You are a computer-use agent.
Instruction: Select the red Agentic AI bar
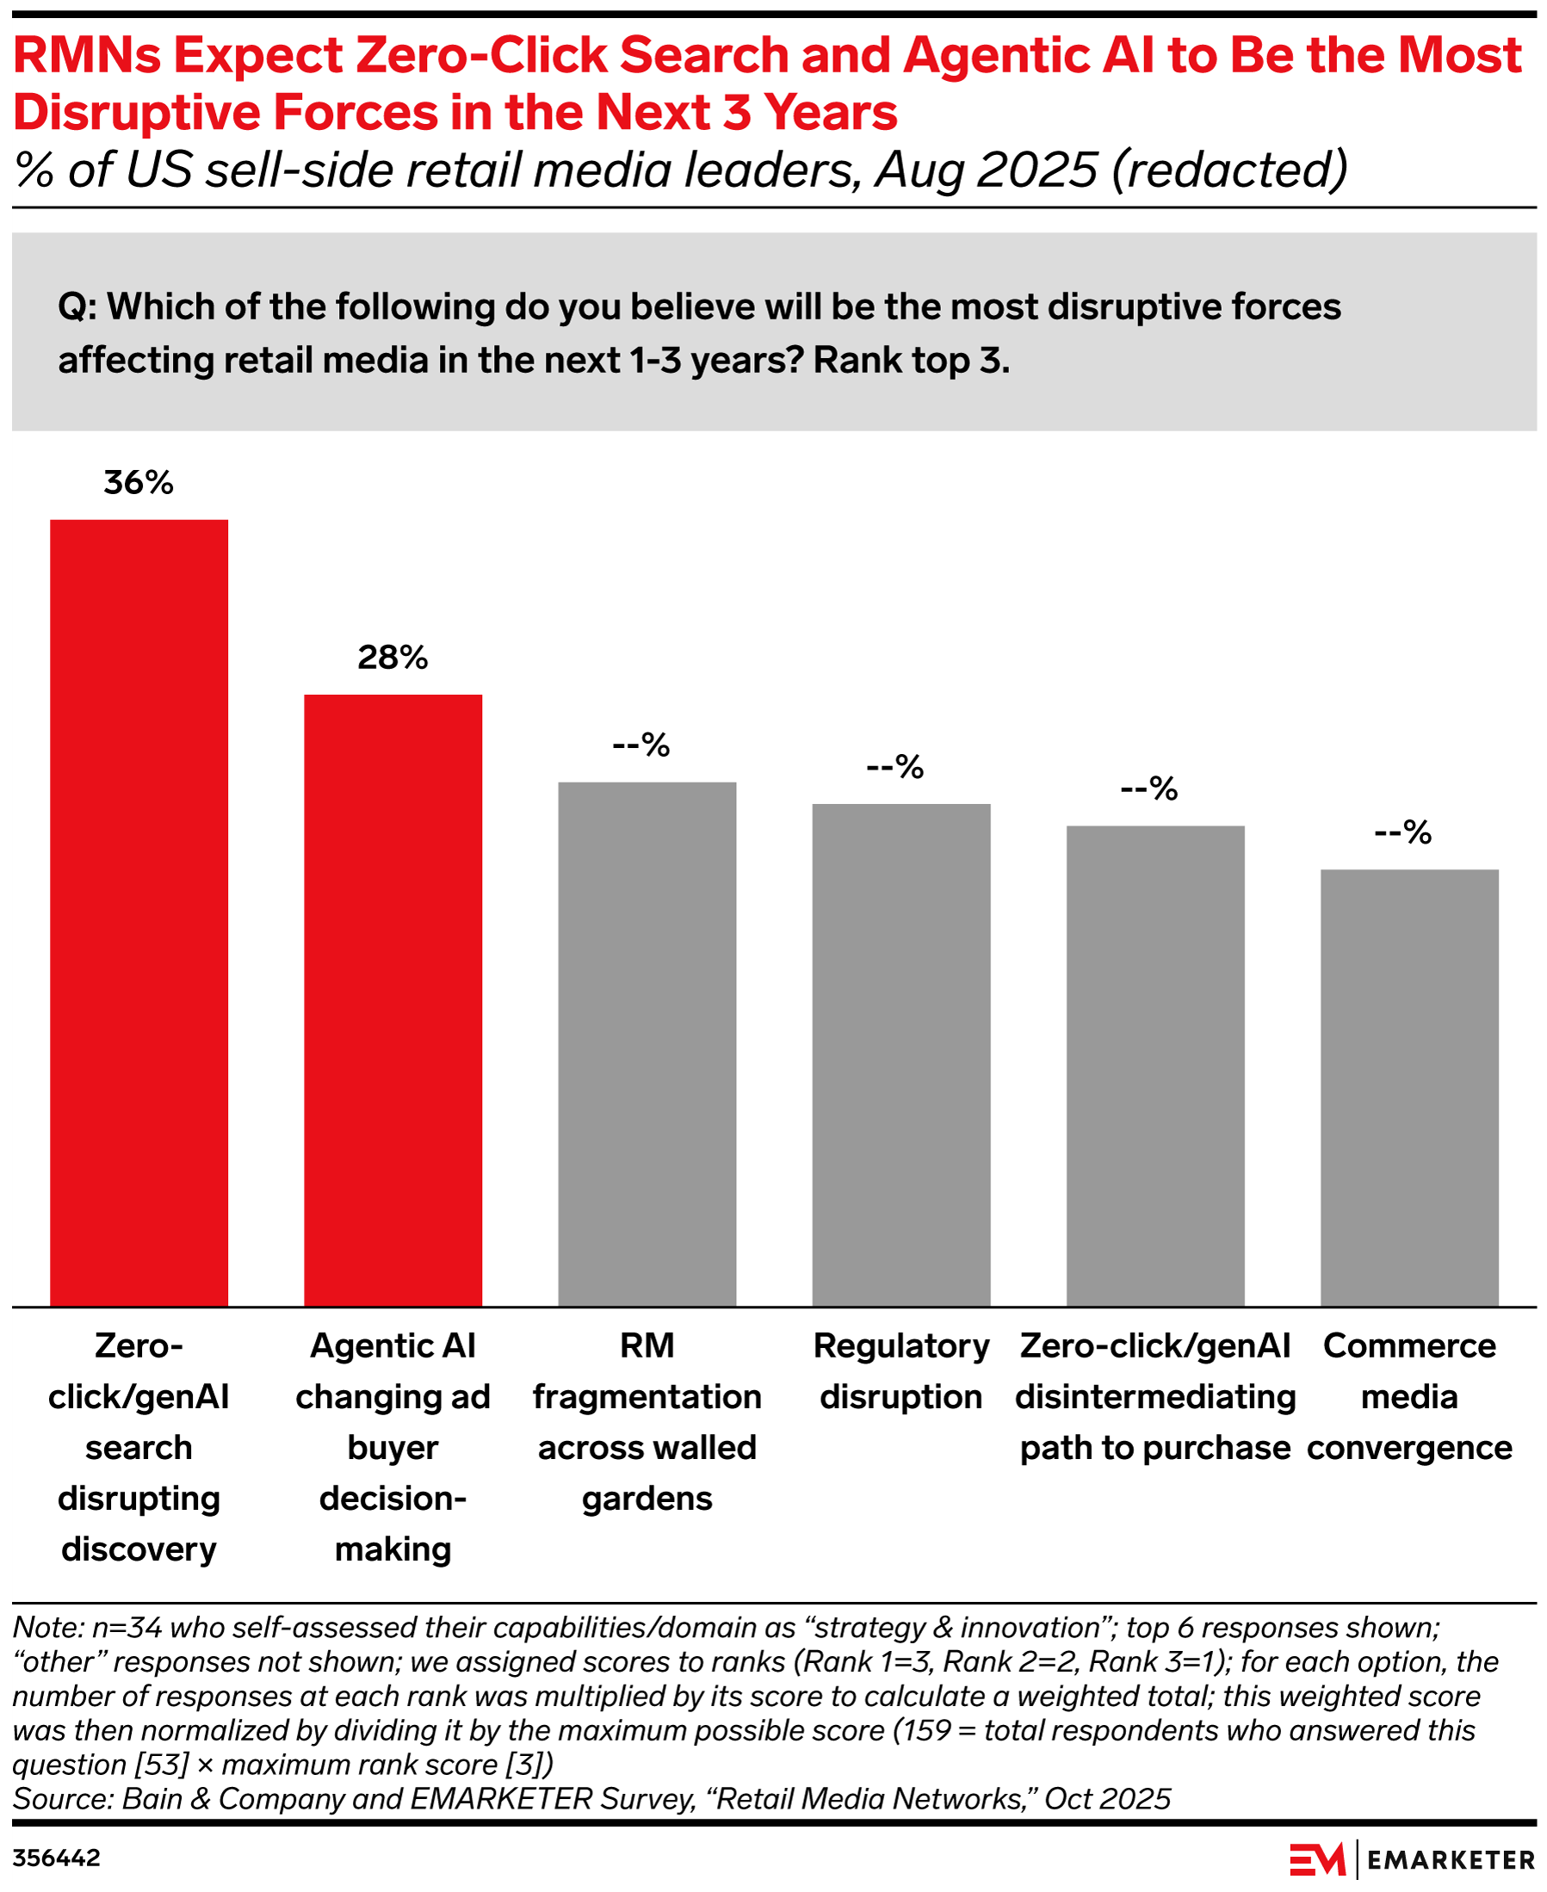(x=393, y=999)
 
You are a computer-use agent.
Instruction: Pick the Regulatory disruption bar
(x=901, y=1054)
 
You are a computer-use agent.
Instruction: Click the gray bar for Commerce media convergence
(x=1409, y=1086)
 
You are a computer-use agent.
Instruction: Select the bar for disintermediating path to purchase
(x=1155, y=1065)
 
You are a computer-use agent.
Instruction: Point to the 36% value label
(x=138, y=483)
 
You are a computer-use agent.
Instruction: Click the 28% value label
(x=393, y=658)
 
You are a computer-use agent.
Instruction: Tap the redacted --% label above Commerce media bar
(x=1402, y=832)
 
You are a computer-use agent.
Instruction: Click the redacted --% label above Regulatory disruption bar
(x=894, y=766)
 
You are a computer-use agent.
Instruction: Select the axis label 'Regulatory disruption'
(x=901, y=1370)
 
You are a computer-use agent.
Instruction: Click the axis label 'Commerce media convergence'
(x=1409, y=1396)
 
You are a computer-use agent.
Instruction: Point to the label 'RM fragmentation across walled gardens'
(x=647, y=1421)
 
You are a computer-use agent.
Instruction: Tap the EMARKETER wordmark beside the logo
(x=1451, y=1860)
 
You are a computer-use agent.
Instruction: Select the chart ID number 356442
(x=56, y=1858)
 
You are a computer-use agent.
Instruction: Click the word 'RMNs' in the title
(x=86, y=55)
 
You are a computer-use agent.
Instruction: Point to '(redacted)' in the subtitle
(x=1228, y=170)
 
